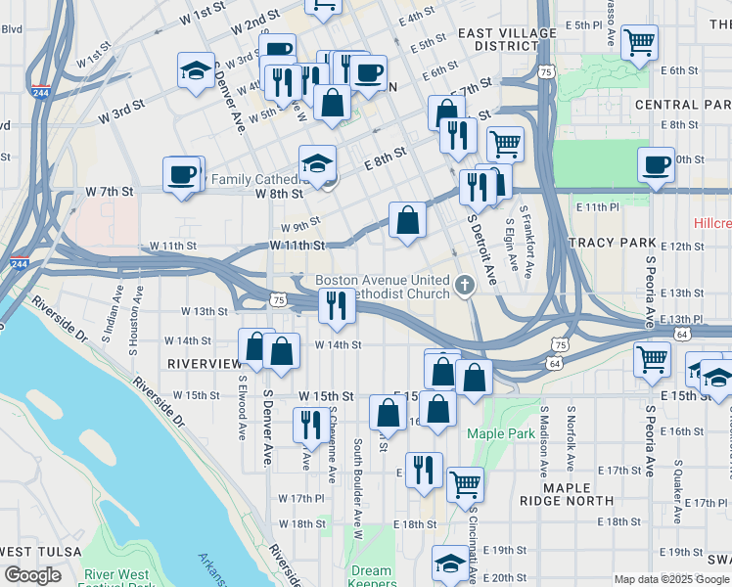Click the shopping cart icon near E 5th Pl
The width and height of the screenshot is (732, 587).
coord(639,41)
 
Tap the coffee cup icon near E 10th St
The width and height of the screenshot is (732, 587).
coord(656,163)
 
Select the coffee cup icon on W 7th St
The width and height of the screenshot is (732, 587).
coord(181,173)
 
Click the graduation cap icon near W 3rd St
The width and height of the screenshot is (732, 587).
coord(196,70)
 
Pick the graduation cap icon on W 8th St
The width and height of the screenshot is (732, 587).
coord(317,162)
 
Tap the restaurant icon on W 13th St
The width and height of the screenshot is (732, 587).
coord(336,305)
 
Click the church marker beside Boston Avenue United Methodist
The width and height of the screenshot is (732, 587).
coord(465,288)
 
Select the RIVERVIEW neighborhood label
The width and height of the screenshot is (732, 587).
coord(204,363)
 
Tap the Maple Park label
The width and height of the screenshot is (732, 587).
coord(500,433)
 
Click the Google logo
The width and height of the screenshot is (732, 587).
coord(33,575)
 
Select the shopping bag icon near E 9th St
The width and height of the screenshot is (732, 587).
coord(407,220)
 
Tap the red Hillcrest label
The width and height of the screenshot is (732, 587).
coord(711,223)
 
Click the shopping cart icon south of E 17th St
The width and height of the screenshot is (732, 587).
coord(465,483)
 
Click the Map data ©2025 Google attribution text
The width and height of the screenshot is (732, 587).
coord(670,578)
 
